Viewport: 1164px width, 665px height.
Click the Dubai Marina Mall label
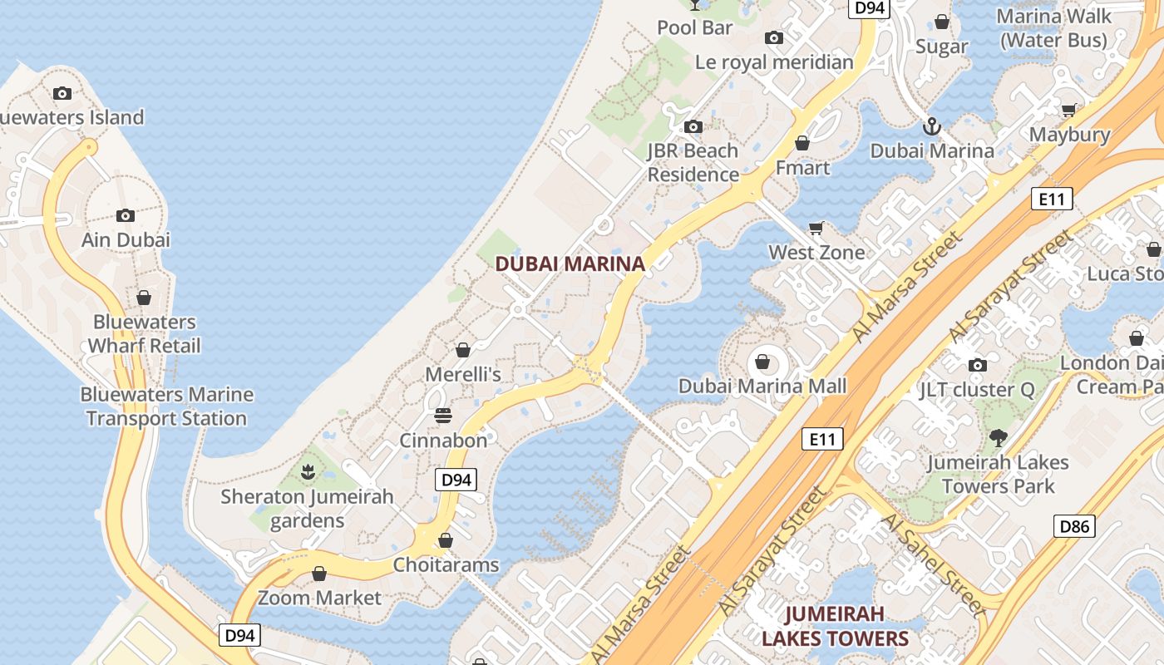pos(762,386)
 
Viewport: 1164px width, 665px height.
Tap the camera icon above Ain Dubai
pos(126,216)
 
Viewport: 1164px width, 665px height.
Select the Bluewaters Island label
pos(71,117)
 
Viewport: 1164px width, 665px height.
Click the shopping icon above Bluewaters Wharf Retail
pos(144,298)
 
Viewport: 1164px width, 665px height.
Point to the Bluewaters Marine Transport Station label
pos(166,406)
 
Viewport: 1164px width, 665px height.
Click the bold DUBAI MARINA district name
pos(570,264)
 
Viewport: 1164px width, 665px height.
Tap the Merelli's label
pos(463,374)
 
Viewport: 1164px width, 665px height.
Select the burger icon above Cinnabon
pos(443,416)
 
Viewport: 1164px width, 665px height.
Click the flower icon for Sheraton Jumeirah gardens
pos(308,472)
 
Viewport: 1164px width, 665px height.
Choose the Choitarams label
pos(446,565)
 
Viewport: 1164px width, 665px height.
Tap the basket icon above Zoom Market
pos(318,574)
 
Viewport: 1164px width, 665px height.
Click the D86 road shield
pos(1074,526)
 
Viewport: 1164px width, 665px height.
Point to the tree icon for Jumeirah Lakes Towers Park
pos(998,437)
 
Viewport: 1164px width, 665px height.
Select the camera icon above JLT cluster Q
pos(978,365)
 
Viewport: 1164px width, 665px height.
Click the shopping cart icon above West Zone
pos(816,228)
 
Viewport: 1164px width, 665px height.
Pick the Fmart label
pos(802,168)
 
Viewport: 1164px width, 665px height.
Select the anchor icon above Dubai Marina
pos(932,126)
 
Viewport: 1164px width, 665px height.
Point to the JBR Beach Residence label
pos(693,163)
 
